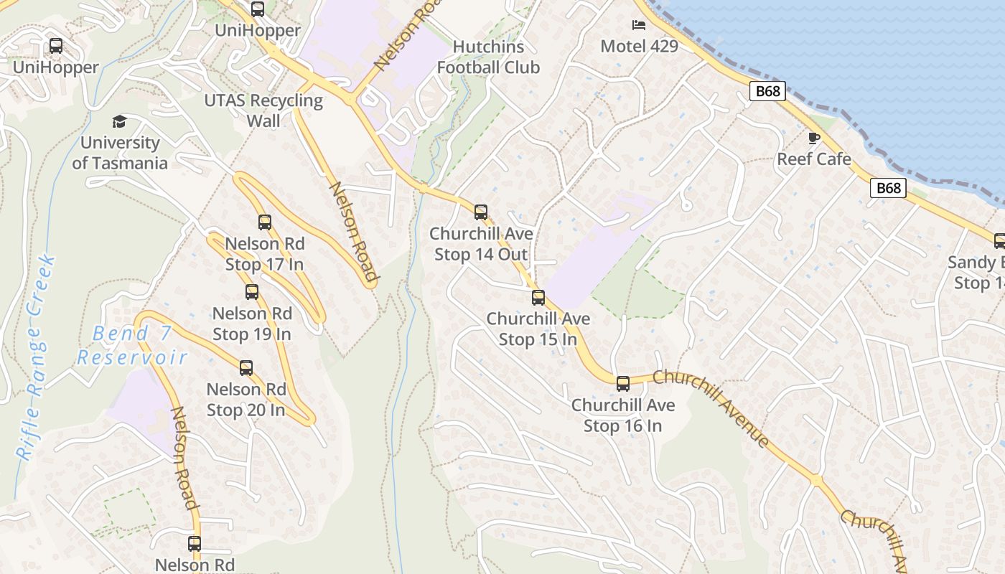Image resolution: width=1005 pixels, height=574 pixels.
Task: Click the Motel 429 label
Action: pyautogui.click(x=639, y=47)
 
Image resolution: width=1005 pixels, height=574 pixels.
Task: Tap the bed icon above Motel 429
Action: pyautogui.click(x=639, y=25)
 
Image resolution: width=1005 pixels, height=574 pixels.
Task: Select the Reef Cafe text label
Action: pyautogui.click(x=814, y=159)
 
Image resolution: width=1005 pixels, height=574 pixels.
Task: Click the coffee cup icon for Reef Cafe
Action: pyautogui.click(x=813, y=138)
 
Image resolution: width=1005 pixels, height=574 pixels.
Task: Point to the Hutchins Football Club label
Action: pyautogui.click(x=488, y=57)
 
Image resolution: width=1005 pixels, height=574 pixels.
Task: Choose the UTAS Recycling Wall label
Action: pyautogui.click(x=263, y=110)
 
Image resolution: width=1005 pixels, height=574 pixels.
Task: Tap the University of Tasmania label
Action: pyautogui.click(x=120, y=153)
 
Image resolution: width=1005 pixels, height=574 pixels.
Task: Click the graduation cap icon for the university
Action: pyautogui.click(x=119, y=121)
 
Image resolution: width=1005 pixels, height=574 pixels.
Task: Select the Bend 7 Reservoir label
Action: pyautogui.click(x=132, y=345)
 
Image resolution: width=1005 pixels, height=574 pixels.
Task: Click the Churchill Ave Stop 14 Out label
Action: pyautogui.click(x=481, y=244)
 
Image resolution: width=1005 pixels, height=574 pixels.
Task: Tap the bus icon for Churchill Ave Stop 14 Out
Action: pyautogui.click(x=481, y=212)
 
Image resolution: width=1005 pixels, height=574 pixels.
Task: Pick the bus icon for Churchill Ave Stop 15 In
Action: pyautogui.click(x=538, y=298)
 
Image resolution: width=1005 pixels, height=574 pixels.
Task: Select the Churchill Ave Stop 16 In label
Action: pyautogui.click(x=623, y=415)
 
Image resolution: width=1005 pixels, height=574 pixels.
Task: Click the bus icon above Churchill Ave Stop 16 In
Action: pyautogui.click(x=623, y=384)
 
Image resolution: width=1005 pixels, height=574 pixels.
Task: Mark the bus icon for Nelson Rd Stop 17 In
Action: pyautogui.click(x=265, y=222)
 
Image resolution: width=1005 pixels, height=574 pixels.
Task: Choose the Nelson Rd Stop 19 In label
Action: pyautogui.click(x=252, y=324)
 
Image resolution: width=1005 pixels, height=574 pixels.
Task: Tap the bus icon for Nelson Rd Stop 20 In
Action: pyautogui.click(x=246, y=368)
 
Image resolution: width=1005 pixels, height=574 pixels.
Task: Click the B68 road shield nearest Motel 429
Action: pyautogui.click(x=768, y=91)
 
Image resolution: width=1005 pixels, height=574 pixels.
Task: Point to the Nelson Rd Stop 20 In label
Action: pyautogui.click(x=246, y=400)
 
